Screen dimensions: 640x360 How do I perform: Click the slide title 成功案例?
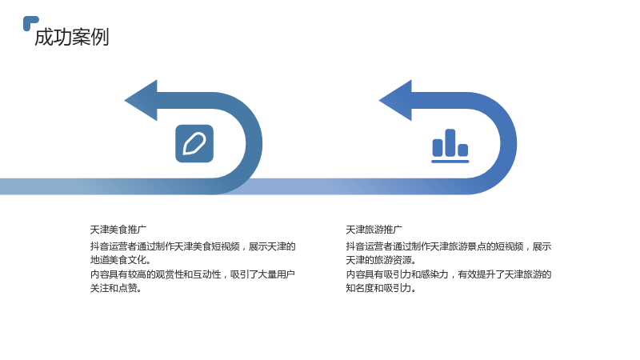(x=72, y=37)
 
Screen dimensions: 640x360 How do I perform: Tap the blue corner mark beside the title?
(x=30, y=23)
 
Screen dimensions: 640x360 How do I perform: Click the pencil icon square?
(x=194, y=144)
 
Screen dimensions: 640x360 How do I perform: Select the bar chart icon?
(x=450, y=146)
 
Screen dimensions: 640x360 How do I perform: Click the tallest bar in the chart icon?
(x=450, y=142)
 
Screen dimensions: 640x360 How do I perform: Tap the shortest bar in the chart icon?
(x=463, y=150)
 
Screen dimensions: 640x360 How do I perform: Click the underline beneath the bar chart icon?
(x=450, y=162)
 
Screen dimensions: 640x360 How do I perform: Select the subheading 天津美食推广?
(x=118, y=230)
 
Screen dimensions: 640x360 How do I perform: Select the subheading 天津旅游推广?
(x=374, y=230)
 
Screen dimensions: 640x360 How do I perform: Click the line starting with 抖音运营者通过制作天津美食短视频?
(x=193, y=246)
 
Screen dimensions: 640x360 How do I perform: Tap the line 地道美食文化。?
(x=121, y=260)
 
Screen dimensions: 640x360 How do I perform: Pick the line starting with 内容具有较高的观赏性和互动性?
(x=193, y=274)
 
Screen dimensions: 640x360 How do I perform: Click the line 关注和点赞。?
(x=116, y=288)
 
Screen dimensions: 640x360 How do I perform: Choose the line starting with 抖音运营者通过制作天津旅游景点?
(x=449, y=246)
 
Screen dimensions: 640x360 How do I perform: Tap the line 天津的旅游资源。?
(x=381, y=260)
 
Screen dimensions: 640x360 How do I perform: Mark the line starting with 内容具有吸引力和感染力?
(x=449, y=274)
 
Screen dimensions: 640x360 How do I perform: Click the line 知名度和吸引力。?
(x=381, y=288)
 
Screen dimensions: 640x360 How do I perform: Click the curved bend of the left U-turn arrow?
(x=254, y=143)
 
